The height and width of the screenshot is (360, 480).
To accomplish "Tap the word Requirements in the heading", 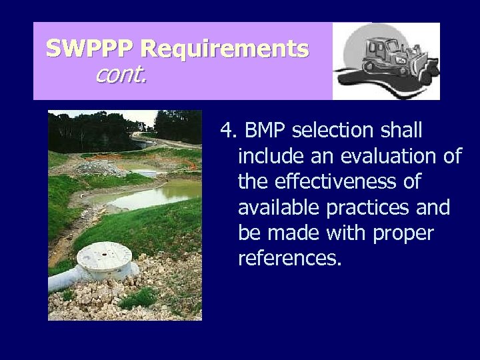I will coord(225,49).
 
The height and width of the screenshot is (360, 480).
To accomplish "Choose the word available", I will coord(279,207).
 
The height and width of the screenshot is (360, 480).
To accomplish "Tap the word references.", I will coord(289,258).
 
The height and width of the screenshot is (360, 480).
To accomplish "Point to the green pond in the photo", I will coord(147,195).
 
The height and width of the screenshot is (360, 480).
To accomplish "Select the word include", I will coord(267,157).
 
